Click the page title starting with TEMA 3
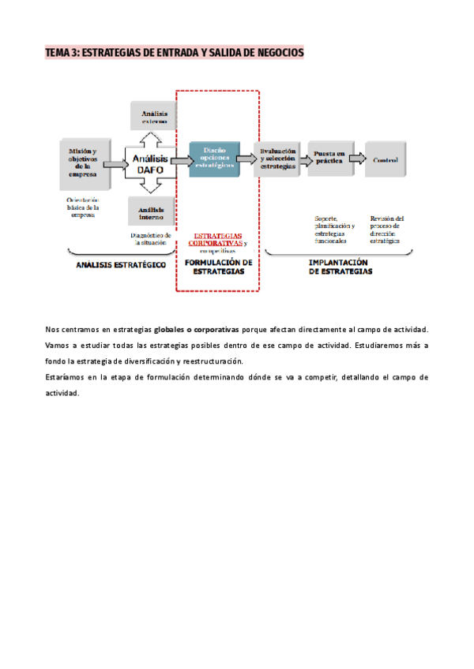(174, 53)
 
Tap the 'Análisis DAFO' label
(149, 163)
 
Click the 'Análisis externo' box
(153, 117)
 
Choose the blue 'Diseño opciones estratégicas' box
(213, 159)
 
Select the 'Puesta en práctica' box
(328, 158)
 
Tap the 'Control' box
(385, 160)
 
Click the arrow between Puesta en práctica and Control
(357, 159)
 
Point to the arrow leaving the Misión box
(115, 164)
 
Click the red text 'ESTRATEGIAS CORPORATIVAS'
(217, 239)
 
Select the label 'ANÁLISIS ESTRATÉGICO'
(120, 266)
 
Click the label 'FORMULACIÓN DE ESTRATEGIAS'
(218, 267)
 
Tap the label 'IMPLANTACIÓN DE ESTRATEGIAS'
(339, 267)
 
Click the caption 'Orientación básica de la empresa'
(83, 207)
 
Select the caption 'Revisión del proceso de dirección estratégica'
(387, 229)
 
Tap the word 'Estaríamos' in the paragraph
(66, 377)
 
